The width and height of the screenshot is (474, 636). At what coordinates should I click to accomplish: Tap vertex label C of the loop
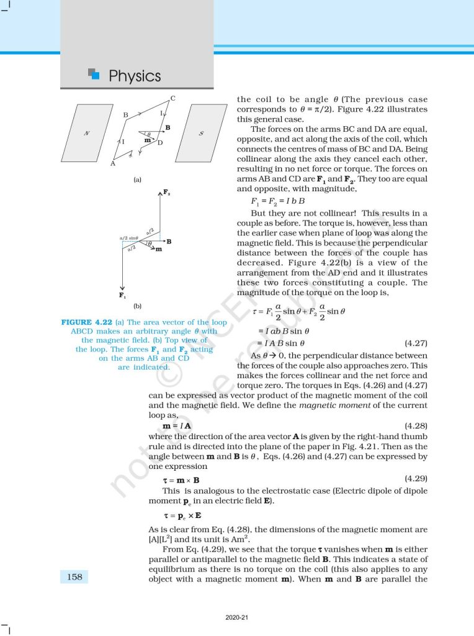pos(172,98)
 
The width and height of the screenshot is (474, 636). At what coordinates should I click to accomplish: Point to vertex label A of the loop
pos(112,164)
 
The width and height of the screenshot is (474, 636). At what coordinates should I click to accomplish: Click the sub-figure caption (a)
pos(138,179)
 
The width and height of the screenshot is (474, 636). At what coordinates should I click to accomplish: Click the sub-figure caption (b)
pos(138,306)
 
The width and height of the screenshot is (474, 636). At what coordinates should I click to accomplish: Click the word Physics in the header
pos(135,76)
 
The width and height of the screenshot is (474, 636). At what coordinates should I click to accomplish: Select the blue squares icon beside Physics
pos(94,75)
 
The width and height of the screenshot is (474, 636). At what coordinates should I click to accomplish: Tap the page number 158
pos(74,577)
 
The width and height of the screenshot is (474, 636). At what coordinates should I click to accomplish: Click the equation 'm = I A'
pos(177,426)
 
